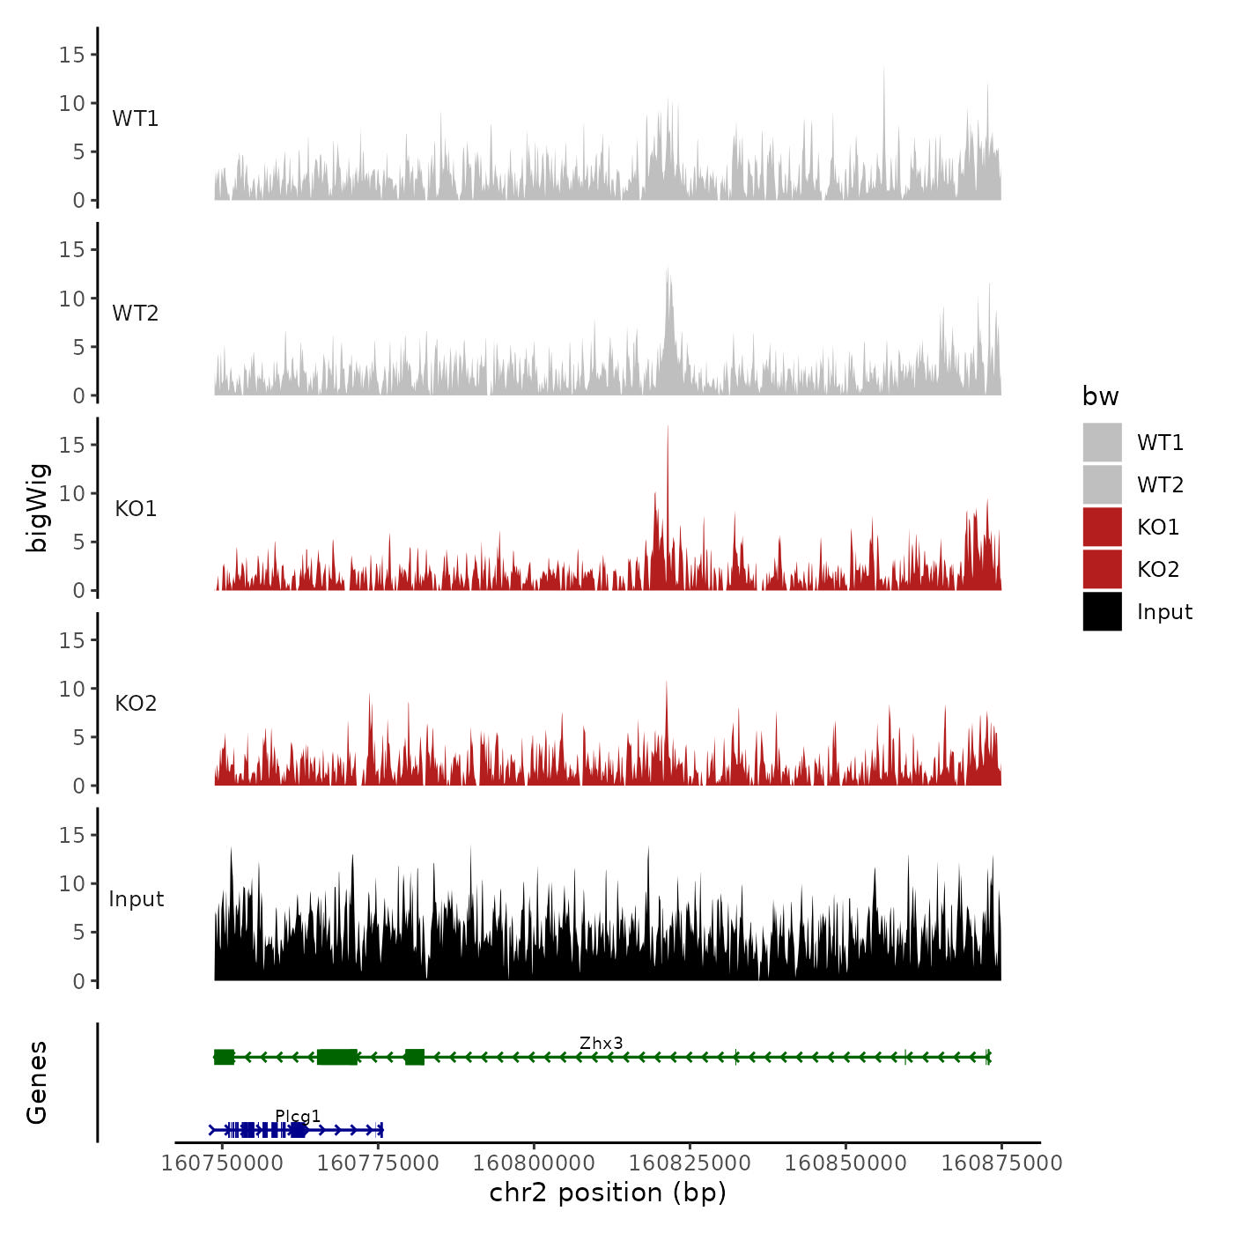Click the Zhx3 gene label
[x=601, y=1043]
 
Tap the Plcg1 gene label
[x=298, y=1116]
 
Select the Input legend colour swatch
[x=1102, y=611]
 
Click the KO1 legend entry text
[x=1157, y=527]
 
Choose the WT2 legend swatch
[x=1102, y=484]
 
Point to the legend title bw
[x=1100, y=396]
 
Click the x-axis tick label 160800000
[x=534, y=1163]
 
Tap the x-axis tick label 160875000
[x=1001, y=1163]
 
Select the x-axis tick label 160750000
[x=222, y=1163]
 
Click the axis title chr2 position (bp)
[x=608, y=1192]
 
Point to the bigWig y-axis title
[x=37, y=507]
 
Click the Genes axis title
[x=37, y=1082]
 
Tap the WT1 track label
[x=136, y=119]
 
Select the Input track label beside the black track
[x=137, y=899]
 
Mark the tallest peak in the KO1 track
[x=668, y=428]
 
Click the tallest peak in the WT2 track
[x=668, y=269]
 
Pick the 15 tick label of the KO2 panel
[x=71, y=640]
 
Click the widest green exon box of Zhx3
[x=337, y=1057]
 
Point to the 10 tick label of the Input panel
[x=71, y=883]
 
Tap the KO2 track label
[x=136, y=704]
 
